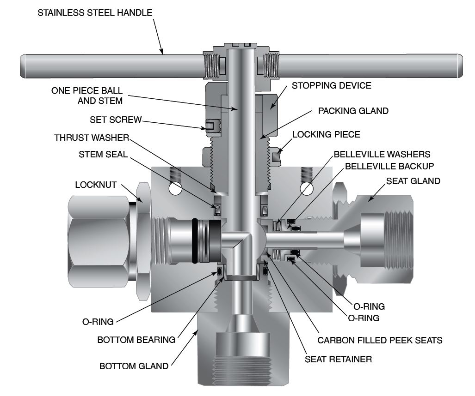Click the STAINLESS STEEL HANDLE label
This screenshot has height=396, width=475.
pos(94,13)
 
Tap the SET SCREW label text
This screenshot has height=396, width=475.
pos(115,120)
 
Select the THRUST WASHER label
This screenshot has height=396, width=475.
pos(91,138)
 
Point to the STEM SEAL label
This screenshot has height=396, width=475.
pos(103,154)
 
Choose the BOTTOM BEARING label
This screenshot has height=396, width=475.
pos(136,340)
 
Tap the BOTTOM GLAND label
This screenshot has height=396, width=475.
pos(134,366)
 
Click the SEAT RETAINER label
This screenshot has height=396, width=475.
pos(338,359)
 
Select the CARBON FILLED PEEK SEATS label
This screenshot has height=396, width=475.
pos(380,341)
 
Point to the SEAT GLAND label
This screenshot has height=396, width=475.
pos(413,181)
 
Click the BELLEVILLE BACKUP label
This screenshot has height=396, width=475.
pos(389,166)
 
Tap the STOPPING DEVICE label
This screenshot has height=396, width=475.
pos(331,85)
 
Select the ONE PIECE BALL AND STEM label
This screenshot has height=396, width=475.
pos(87,96)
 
